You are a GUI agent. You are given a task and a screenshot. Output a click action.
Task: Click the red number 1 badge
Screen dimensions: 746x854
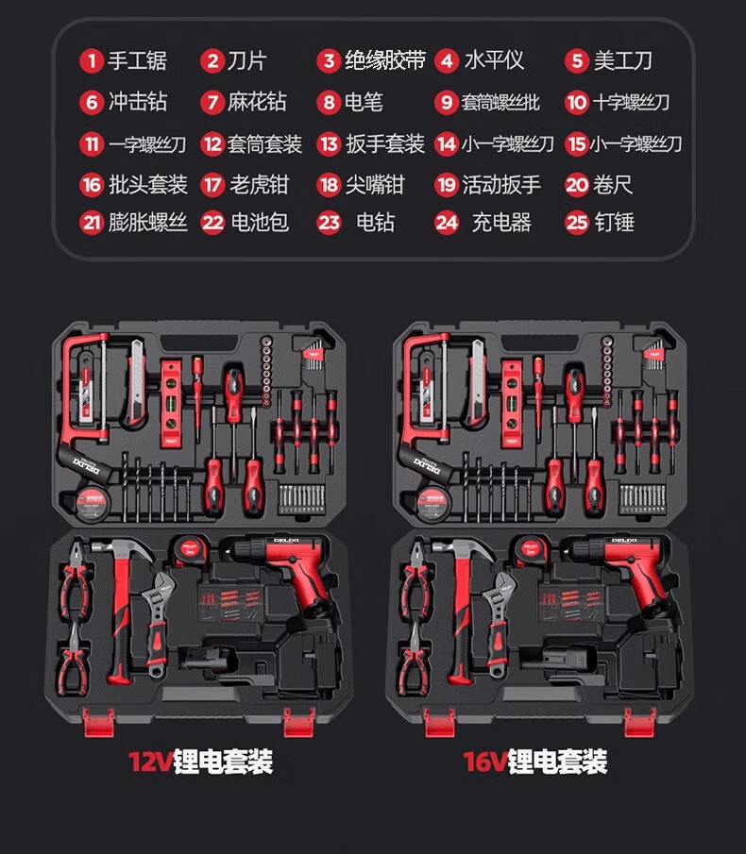coord(92,61)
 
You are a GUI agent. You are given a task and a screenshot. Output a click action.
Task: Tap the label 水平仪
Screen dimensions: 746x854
coord(493,61)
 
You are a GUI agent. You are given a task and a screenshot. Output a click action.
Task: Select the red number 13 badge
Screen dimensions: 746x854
coord(329,144)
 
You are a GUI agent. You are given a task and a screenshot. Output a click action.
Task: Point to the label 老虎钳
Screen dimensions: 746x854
coord(260,184)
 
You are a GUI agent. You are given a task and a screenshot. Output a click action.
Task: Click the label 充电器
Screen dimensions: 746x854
coord(501,223)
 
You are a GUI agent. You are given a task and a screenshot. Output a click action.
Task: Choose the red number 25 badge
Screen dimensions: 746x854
coord(577,223)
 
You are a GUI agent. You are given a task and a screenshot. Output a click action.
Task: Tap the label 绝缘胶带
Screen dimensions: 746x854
coord(371,61)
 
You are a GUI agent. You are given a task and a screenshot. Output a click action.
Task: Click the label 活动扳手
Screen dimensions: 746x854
coord(501,184)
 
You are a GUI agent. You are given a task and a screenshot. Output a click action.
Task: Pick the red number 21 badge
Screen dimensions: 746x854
coord(92,223)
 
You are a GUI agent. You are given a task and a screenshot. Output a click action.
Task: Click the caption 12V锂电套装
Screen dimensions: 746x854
coord(200,762)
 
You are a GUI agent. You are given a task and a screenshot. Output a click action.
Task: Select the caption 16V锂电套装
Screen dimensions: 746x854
coord(534,762)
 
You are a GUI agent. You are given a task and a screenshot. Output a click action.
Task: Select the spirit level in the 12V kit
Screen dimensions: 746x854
coord(170,401)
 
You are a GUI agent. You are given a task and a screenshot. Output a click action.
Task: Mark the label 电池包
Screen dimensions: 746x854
coord(260,223)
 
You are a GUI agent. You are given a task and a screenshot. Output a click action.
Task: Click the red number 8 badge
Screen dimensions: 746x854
coord(329,102)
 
